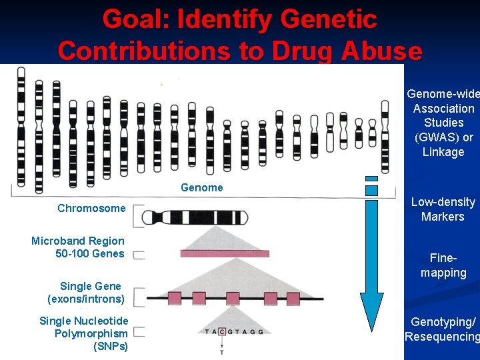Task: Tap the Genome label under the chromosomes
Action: click(201, 188)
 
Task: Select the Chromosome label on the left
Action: click(91, 208)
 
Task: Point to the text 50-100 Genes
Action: click(90, 253)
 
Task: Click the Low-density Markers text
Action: click(443, 209)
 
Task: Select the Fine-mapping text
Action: click(443, 265)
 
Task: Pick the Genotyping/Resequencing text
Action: click(442, 329)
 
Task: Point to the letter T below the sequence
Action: click(221, 351)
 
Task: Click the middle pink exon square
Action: click(233, 297)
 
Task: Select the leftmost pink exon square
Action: click(175, 297)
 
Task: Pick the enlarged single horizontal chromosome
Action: click(190, 217)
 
